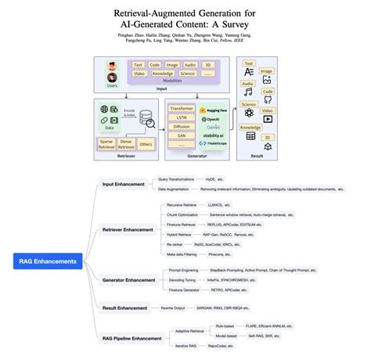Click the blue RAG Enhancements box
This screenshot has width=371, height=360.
pos(49,261)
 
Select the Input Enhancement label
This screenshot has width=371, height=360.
pos(124,184)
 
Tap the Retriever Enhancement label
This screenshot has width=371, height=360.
pos(128,230)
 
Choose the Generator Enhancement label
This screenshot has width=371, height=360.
pos(128,279)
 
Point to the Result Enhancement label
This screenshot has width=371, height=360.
pos(125,308)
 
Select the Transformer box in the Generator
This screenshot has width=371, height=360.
pos(182,108)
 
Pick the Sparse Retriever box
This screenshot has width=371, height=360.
pos(106,144)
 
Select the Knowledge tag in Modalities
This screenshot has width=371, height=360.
pos(163,74)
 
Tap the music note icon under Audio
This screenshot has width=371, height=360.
pos(247,92)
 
